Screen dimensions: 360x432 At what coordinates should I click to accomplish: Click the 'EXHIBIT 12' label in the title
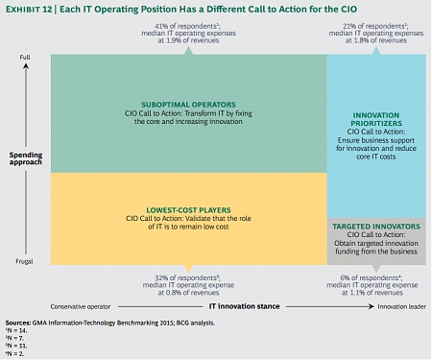[27, 9]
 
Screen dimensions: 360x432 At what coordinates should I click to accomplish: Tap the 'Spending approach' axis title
[25, 158]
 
